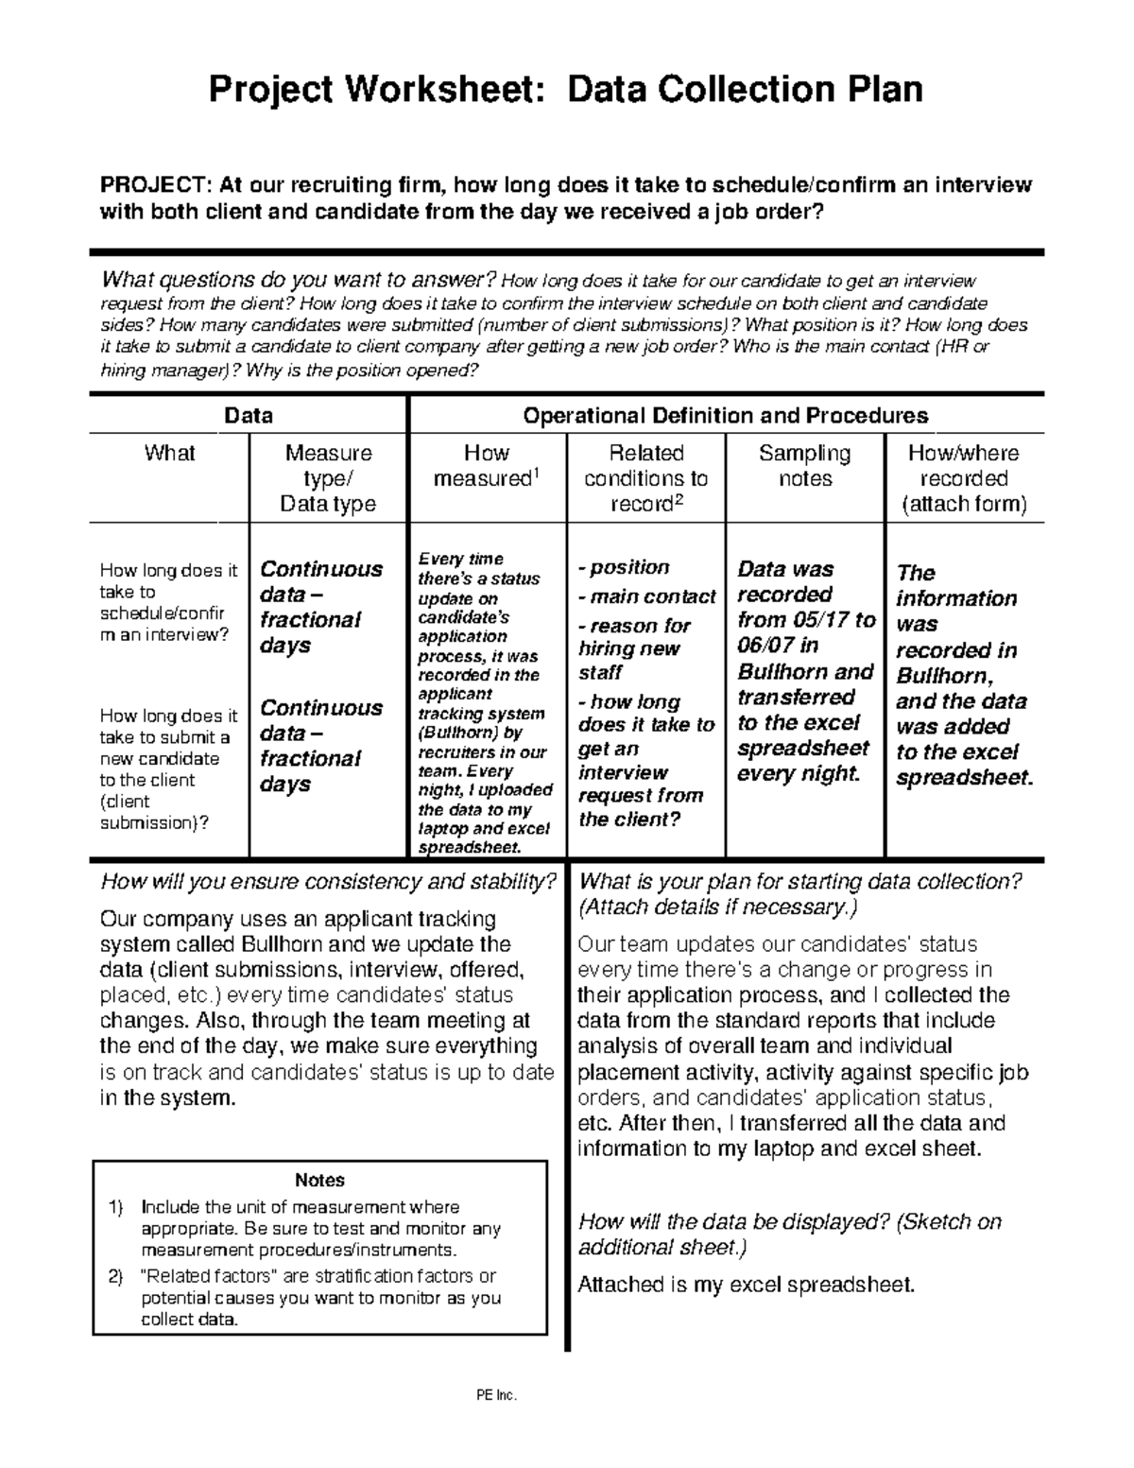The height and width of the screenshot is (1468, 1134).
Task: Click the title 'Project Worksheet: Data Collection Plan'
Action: pyautogui.click(x=565, y=90)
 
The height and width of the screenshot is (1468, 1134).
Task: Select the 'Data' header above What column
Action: pyautogui.click(x=249, y=416)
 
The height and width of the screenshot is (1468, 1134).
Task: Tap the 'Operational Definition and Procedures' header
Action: pyautogui.click(x=725, y=416)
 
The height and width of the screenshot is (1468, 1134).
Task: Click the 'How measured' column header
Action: pyautogui.click(x=487, y=466)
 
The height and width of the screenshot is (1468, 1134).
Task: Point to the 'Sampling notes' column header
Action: pyautogui.click(x=804, y=466)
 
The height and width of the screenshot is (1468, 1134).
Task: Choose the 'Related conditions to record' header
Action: pyautogui.click(x=646, y=478)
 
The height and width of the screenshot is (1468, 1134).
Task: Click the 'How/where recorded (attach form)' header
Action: pyautogui.click(x=964, y=478)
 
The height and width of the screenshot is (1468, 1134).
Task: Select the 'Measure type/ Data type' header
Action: pyautogui.click(x=328, y=478)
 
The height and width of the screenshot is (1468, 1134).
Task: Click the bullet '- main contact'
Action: pyautogui.click(x=647, y=596)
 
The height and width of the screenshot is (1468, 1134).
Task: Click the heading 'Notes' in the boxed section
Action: pyautogui.click(x=319, y=1180)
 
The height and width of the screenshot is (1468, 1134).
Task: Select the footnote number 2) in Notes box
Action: pyautogui.click(x=116, y=1277)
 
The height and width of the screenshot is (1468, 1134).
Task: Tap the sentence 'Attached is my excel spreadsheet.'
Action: pyautogui.click(x=747, y=1285)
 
